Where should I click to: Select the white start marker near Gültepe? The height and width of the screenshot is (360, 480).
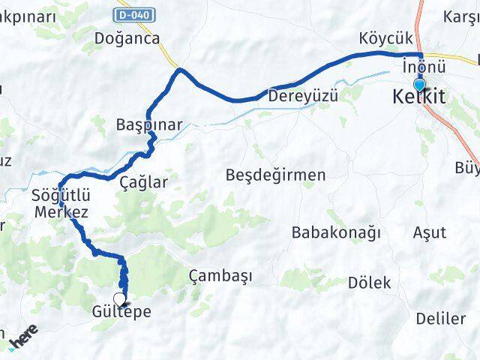[x=119, y=298]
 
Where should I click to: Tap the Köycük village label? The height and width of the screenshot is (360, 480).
[x=385, y=37]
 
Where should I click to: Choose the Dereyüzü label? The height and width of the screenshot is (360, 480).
[x=304, y=96]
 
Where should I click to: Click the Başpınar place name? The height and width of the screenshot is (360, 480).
[x=149, y=124]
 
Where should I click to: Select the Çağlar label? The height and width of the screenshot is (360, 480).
[x=144, y=181]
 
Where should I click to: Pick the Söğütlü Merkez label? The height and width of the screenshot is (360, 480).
[x=60, y=203]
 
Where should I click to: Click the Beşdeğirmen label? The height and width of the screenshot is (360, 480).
[x=275, y=175]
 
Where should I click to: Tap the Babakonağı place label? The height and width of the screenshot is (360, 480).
[x=336, y=232]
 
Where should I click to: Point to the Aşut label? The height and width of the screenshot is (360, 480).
[x=429, y=232]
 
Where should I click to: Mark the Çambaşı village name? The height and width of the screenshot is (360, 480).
[x=220, y=276]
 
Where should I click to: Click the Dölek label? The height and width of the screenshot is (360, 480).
[x=370, y=283]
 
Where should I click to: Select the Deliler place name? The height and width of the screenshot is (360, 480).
[x=441, y=319]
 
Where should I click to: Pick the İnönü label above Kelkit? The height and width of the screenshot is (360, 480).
[x=418, y=65]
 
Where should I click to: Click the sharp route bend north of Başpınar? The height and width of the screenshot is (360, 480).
[x=179, y=70]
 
